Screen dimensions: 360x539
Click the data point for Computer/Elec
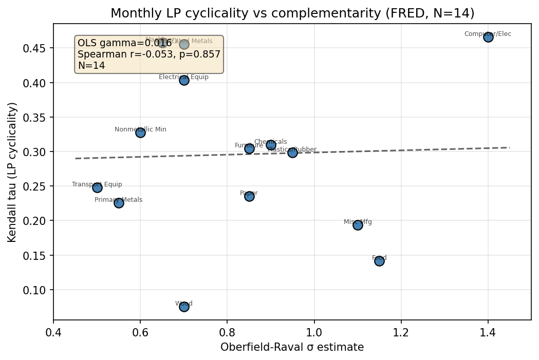488,37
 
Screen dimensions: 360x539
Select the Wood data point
184,307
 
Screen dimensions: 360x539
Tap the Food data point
379,261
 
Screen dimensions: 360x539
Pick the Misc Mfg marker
358,225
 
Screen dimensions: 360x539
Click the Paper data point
249,196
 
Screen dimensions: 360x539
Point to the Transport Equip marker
97,187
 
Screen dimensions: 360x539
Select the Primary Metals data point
119,203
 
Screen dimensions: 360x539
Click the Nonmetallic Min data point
140,132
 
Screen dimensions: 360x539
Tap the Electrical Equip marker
184,80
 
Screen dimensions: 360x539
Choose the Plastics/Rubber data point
292,153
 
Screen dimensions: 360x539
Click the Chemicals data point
271,145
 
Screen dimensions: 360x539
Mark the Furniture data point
249,148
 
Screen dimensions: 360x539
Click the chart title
292,13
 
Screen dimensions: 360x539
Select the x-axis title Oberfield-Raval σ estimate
292,348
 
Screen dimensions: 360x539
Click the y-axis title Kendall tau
13,172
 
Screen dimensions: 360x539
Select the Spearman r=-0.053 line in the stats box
148,54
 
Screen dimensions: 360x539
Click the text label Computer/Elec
488,34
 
